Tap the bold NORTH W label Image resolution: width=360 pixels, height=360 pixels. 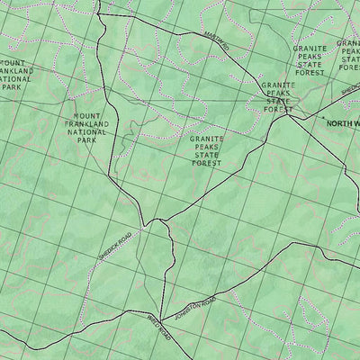[343, 123]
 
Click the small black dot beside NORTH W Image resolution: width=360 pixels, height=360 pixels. [322, 118]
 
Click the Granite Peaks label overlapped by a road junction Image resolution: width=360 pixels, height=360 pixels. [278, 96]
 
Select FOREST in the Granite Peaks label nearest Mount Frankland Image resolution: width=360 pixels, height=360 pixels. [207, 164]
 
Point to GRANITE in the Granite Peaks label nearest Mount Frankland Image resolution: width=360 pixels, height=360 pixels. [207, 139]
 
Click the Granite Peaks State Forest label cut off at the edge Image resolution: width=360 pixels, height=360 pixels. [348, 57]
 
